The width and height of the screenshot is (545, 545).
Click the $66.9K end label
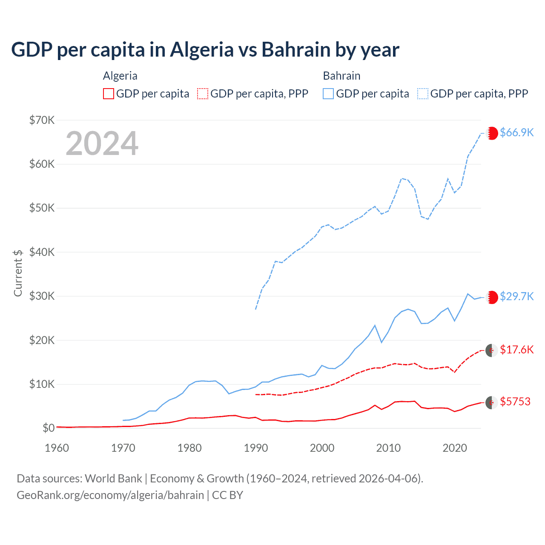pos(516,132)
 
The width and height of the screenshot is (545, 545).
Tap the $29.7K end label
pos(516,296)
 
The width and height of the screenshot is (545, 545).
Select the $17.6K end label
pos(516,350)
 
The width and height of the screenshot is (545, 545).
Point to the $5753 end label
pos(515,402)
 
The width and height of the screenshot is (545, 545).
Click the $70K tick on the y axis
pos(42,120)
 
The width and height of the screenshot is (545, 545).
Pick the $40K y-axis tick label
pos(42,252)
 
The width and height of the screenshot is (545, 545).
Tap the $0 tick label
pos(49,428)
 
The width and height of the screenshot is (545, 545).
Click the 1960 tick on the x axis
pos(57,448)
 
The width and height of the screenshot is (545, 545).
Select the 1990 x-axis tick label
pos(256,448)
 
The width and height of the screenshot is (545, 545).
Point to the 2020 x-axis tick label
pos(455,448)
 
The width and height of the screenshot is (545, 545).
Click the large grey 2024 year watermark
pos(102,143)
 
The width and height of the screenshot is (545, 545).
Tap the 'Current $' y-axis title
pos(18,273)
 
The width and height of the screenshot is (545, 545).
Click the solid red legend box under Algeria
pos(109,94)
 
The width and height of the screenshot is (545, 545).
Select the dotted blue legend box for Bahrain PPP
pos(423,94)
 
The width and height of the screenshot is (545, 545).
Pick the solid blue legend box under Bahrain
pos(328,94)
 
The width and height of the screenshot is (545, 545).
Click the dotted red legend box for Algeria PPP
pos(203,94)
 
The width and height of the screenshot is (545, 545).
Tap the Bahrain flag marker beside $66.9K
pos(492,133)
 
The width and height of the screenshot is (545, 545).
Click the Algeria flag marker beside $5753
pos(492,402)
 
